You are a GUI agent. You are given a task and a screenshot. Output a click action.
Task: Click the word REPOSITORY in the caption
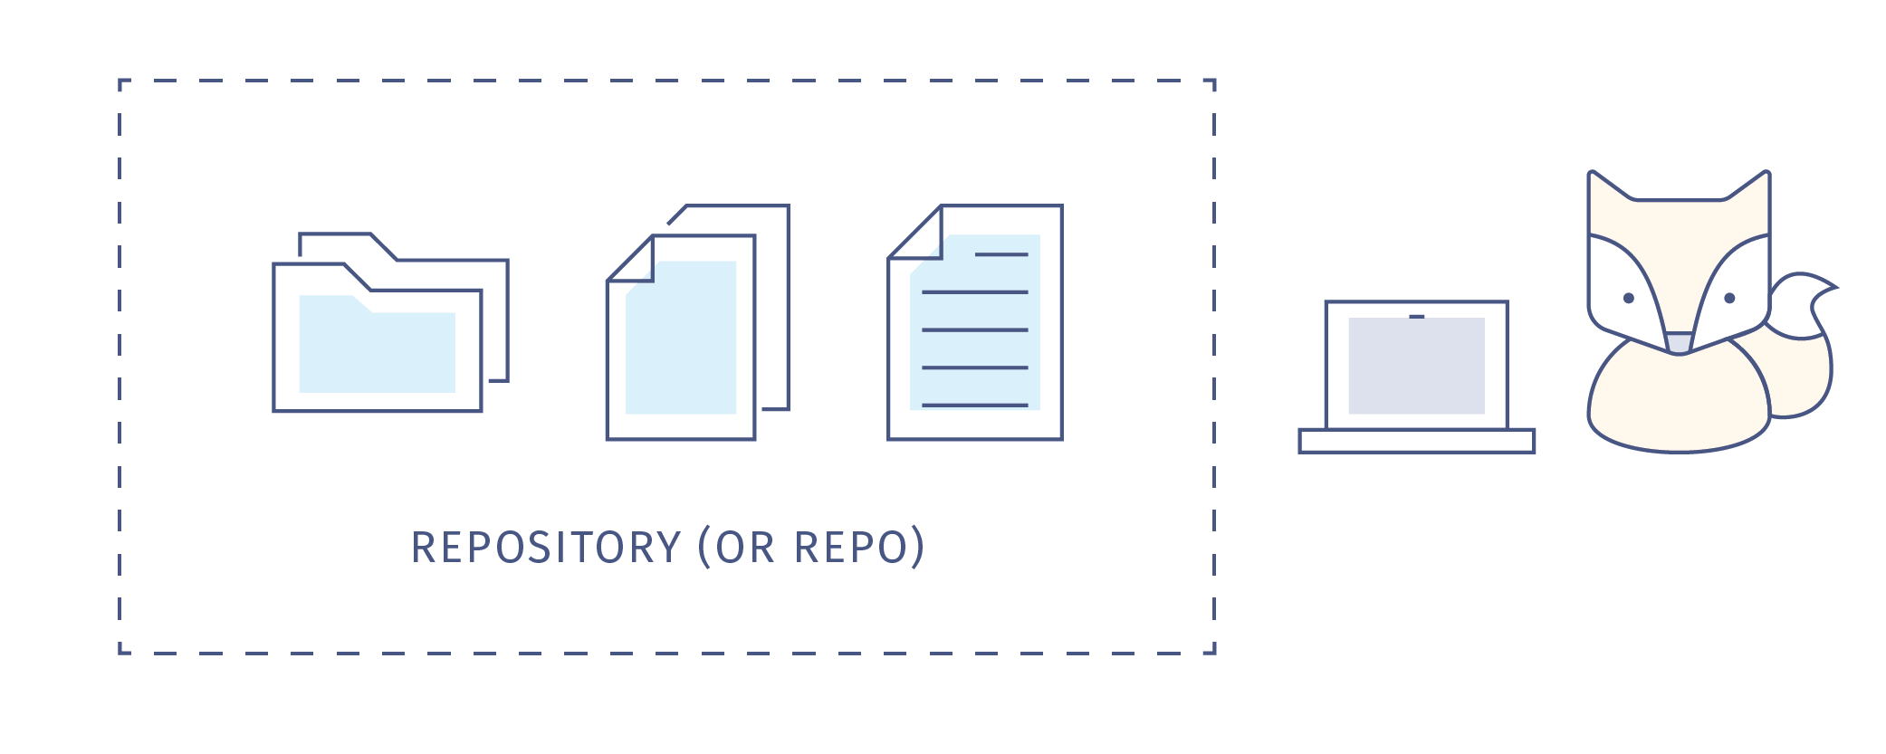click(546, 548)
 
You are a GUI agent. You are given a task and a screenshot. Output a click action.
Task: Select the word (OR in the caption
click(737, 548)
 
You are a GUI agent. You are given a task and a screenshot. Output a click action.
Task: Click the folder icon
click(389, 326)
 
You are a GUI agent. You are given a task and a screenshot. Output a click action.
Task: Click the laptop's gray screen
click(1416, 366)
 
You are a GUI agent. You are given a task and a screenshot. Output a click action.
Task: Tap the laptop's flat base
click(1416, 441)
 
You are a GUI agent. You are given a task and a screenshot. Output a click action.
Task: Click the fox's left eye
click(1628, 298)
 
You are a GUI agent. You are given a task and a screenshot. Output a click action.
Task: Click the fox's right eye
click(1729, 298)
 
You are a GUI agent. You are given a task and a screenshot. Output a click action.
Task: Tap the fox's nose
click(1679, 343)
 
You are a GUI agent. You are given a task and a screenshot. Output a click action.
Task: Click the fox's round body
click(1679, 403)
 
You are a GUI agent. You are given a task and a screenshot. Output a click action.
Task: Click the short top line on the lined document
click(1001, 254)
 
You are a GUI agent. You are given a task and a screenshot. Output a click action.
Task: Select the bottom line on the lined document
click(975, 405)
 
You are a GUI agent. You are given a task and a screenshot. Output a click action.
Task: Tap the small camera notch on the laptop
click(1416, 317)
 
